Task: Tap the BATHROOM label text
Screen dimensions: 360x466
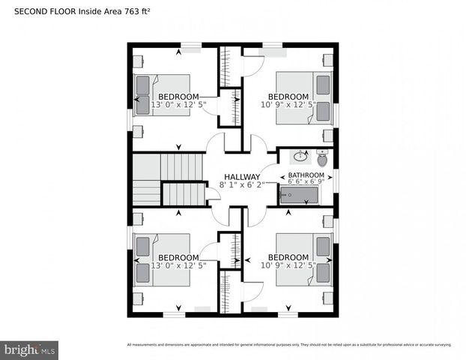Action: pos(306,175)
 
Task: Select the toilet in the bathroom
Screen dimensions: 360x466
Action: pos(323,158)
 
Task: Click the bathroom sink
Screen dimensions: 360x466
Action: pos(300,157)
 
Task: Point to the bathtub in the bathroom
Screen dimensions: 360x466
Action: pos(299,196)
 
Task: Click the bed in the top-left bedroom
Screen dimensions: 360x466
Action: pos(161,94)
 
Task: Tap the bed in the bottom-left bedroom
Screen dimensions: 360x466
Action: pos(161,259)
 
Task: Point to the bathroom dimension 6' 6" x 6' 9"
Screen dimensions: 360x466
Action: pos(306,181)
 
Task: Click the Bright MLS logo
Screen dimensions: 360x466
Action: pos(30,349)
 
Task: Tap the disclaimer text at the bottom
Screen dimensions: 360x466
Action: pos(289,345)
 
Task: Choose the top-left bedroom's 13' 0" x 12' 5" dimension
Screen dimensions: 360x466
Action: pos(178,105)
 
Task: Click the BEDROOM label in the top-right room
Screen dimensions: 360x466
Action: pos(288,97)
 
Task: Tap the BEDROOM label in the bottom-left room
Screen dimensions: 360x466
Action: pos(178,258)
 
